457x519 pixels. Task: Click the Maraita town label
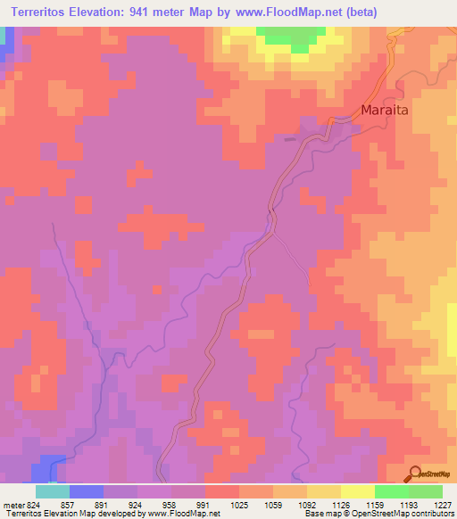pos(388,111)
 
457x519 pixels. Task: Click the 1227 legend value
pos(444,505)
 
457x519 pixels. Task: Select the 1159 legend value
pos(376,505)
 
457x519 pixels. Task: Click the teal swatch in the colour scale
pos(53,491)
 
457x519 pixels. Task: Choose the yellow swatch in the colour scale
pos(358,491)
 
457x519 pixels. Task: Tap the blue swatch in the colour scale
pos(87,491)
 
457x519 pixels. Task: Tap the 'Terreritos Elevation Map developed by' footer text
pos(73,514)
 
